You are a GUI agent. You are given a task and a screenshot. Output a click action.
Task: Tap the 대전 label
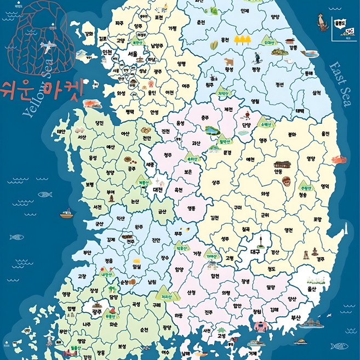point(158,190)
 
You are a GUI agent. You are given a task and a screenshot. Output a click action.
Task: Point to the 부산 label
point(296,317)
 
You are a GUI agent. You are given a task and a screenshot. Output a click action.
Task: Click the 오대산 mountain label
point(268,41)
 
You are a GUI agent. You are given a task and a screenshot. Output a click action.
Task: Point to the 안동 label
point(278,170)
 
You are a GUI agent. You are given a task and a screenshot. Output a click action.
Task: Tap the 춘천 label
point(201,22)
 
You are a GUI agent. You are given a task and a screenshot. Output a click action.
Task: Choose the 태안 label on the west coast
point(61,132)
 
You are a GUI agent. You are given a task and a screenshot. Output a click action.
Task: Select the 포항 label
point(317,220)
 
